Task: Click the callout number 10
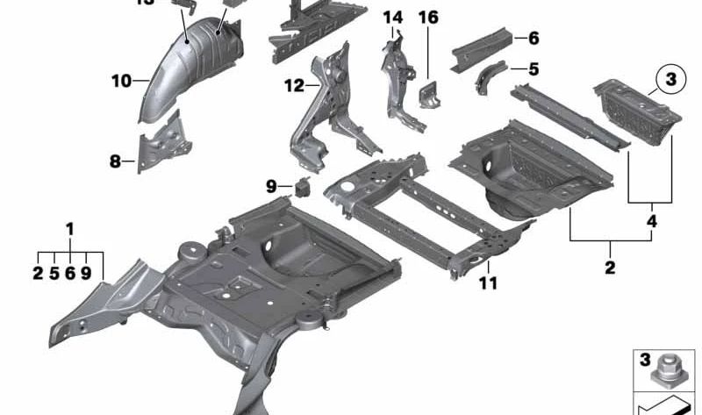pos(121,82)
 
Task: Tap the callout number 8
pos(115,161)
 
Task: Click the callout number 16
pos(427,18)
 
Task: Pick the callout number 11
pos(488,283)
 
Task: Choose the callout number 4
pos(651,222)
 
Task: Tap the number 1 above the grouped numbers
pos(70,229)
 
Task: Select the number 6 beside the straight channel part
pos(534,38)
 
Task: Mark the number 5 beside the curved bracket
pos(534,68)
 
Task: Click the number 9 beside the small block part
pos(272,185)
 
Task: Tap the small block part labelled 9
pos(304,186)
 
